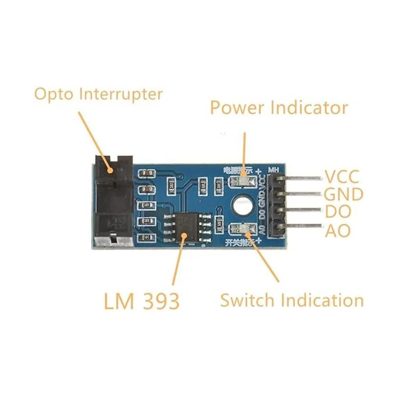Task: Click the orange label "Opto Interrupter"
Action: (99, 94)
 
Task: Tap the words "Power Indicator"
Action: (279, 108)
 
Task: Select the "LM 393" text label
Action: (142, 301)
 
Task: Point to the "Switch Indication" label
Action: (292, 300)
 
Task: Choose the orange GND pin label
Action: (343, 194)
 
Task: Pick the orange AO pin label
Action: (337, 231)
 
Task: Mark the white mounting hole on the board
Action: (243, 205)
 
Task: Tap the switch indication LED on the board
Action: (243, 228)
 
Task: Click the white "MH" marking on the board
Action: (274, 170)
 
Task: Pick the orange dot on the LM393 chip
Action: (184, 235)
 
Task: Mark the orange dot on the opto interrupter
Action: (110, 171)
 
